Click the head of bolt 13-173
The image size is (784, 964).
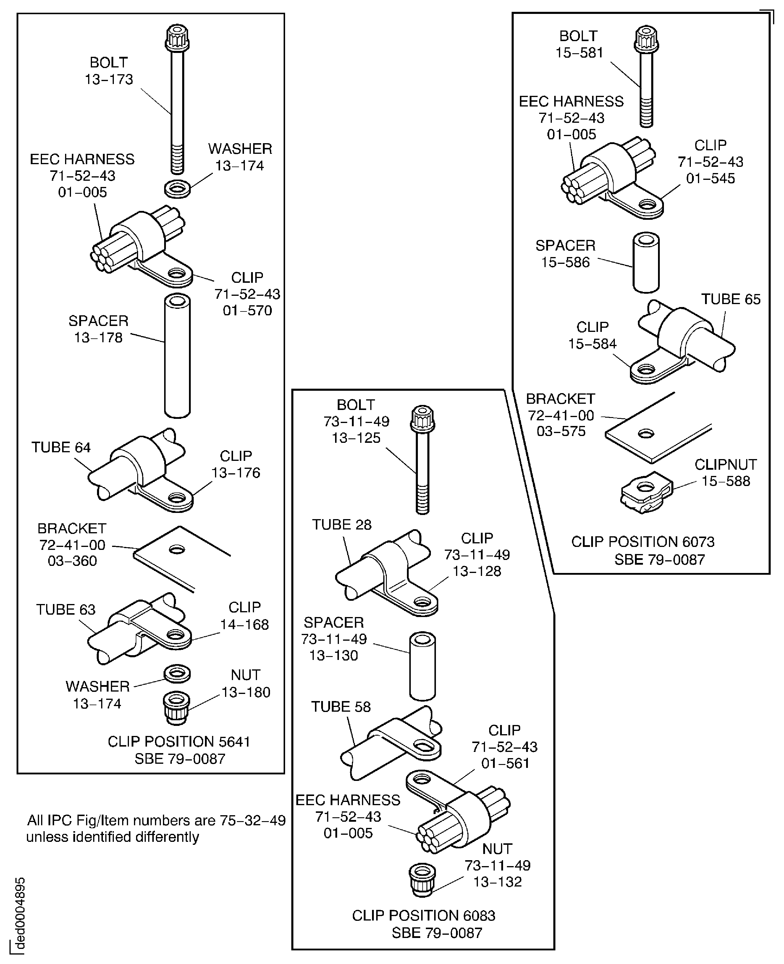pos(177,38)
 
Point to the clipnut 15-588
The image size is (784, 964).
pos(646,493)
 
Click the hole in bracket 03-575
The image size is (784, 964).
pos(646,433)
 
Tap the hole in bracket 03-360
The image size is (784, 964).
pos(177,549)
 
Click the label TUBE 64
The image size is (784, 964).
pos(61,447)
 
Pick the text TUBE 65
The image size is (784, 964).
pos(730,299)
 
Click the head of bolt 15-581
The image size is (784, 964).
pos(646,38)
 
